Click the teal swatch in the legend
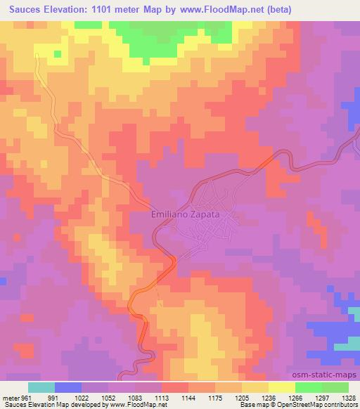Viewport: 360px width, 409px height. click(41, 387)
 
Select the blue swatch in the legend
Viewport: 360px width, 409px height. click(68, 387)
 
